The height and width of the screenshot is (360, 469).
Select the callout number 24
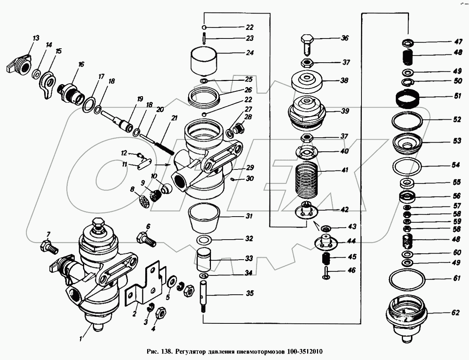point(250,52)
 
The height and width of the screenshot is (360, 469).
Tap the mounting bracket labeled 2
point(146,285)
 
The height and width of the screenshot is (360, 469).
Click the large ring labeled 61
point(407,280)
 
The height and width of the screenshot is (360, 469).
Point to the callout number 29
point(250,168)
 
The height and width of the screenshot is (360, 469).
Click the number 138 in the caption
point(166,352)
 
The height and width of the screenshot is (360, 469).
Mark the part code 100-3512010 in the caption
point(304,352)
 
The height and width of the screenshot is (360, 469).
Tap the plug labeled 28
point(240,128)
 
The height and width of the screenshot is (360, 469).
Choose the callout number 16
point(81,64)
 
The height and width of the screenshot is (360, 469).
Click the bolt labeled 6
point(146,239)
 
